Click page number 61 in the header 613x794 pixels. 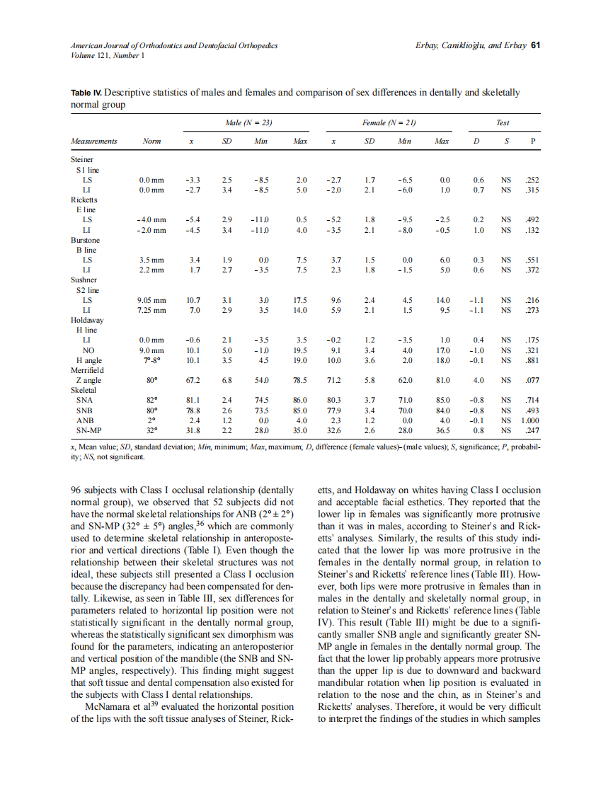tap(536, 45)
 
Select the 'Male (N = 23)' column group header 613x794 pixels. tap(248, 123)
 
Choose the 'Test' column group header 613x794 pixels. tap(503, 123)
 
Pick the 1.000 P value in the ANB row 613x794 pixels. tap(530, 420)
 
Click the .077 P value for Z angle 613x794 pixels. tap(532, 380)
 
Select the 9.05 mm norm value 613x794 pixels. tap(151, 300)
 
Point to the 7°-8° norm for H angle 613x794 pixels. tap(151, 360)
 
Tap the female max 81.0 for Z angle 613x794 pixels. tap(442, 380)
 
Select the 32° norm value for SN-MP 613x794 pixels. tap(151, 430)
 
